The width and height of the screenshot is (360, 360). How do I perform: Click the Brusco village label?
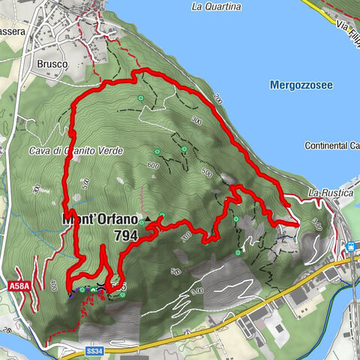pos(52,64)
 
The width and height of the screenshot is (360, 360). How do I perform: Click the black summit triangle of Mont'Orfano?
pos(148,220)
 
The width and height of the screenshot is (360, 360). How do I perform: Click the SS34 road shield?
pos(94,350)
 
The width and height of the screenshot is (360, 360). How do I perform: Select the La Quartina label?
pos(216,7)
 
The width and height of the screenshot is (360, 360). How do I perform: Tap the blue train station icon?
pos(349,247)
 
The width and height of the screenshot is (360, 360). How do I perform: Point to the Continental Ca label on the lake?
pos(332,145)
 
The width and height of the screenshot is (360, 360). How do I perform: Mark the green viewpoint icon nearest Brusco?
pos(139,98)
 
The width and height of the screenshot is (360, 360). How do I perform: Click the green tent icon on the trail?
pos(161,217)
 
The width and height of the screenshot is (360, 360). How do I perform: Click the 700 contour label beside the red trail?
pos(186,237)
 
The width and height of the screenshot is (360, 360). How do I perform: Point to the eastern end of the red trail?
pos(296,223)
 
